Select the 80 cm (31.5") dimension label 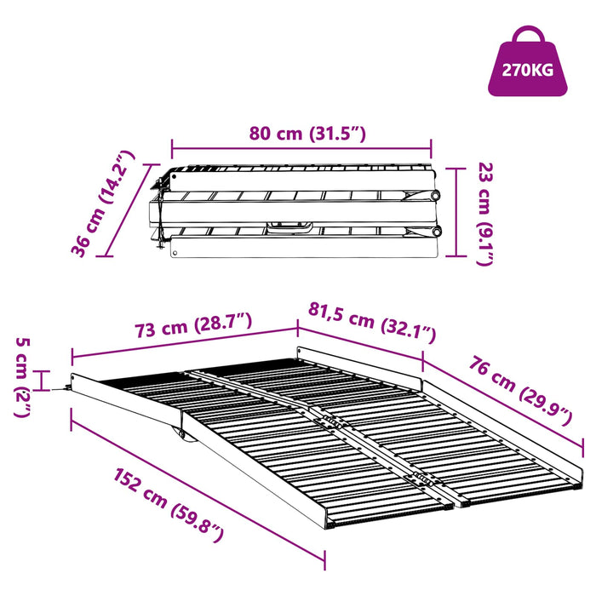307,134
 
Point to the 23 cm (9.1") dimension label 484,214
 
